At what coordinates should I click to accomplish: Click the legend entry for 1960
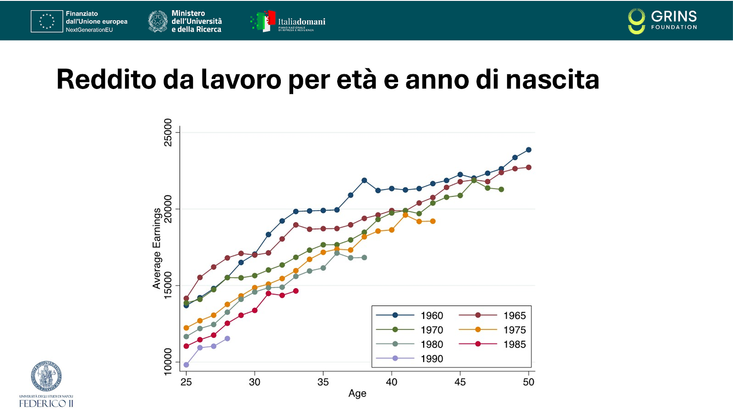click(432, 315)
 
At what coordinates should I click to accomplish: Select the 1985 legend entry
click(514, 344)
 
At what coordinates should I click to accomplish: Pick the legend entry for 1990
click(432, 359)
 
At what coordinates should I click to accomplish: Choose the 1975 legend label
click(514, 330)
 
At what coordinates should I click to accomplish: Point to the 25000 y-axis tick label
click(168, 133)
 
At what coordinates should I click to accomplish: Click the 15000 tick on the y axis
click(168, 285)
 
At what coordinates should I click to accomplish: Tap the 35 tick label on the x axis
click(323, 382)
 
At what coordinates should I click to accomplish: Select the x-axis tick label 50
click(529, 382)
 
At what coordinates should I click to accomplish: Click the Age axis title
click(357, 394)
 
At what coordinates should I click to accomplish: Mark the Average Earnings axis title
click(157, 248)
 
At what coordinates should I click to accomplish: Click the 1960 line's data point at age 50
click(529, 150)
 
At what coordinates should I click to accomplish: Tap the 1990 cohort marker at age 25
click(186, 365)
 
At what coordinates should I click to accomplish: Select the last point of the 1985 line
click(296, 291)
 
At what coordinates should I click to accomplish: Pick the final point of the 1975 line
click(433, 221)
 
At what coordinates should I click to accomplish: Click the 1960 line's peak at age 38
click(364, 180)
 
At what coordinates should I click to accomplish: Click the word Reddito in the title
click(106, 79)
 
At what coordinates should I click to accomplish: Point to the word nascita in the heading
click(552, 79)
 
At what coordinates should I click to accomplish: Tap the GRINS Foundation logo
click(662, 21)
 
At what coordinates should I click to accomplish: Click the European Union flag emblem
click(47, 21)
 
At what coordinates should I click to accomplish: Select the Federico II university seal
click(46, 376)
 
